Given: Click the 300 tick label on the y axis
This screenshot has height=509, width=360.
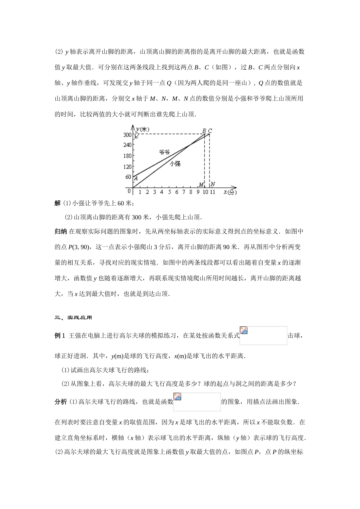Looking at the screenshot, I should coord(127,135).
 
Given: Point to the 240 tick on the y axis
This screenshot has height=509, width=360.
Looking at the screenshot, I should coord(127,145).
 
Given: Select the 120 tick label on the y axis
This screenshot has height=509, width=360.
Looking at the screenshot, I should coord(127,167).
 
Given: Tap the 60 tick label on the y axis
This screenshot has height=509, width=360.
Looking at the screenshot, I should coord(128,177).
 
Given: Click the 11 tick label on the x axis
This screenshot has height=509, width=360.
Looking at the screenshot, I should coord(213,192).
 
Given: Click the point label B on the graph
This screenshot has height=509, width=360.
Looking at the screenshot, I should coord(204,131).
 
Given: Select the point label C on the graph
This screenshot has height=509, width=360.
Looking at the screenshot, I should coord(210,131).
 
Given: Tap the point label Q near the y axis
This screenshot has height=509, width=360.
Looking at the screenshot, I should coord(136,136).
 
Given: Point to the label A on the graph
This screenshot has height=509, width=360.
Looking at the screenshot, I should coord(136,179).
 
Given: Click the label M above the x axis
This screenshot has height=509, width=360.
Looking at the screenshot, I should coord(201,184).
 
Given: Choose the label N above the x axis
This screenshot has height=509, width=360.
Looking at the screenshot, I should coord(213,184).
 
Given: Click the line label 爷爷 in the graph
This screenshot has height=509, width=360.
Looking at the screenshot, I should coord(164,152).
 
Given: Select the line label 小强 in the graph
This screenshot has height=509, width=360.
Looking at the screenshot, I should coord(175,164).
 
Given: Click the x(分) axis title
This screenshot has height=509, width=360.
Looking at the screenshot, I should coord(230,192).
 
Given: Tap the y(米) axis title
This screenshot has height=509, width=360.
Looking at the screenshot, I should coord(142,130).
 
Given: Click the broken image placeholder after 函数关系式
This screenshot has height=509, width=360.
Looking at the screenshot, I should coord(263,336).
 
